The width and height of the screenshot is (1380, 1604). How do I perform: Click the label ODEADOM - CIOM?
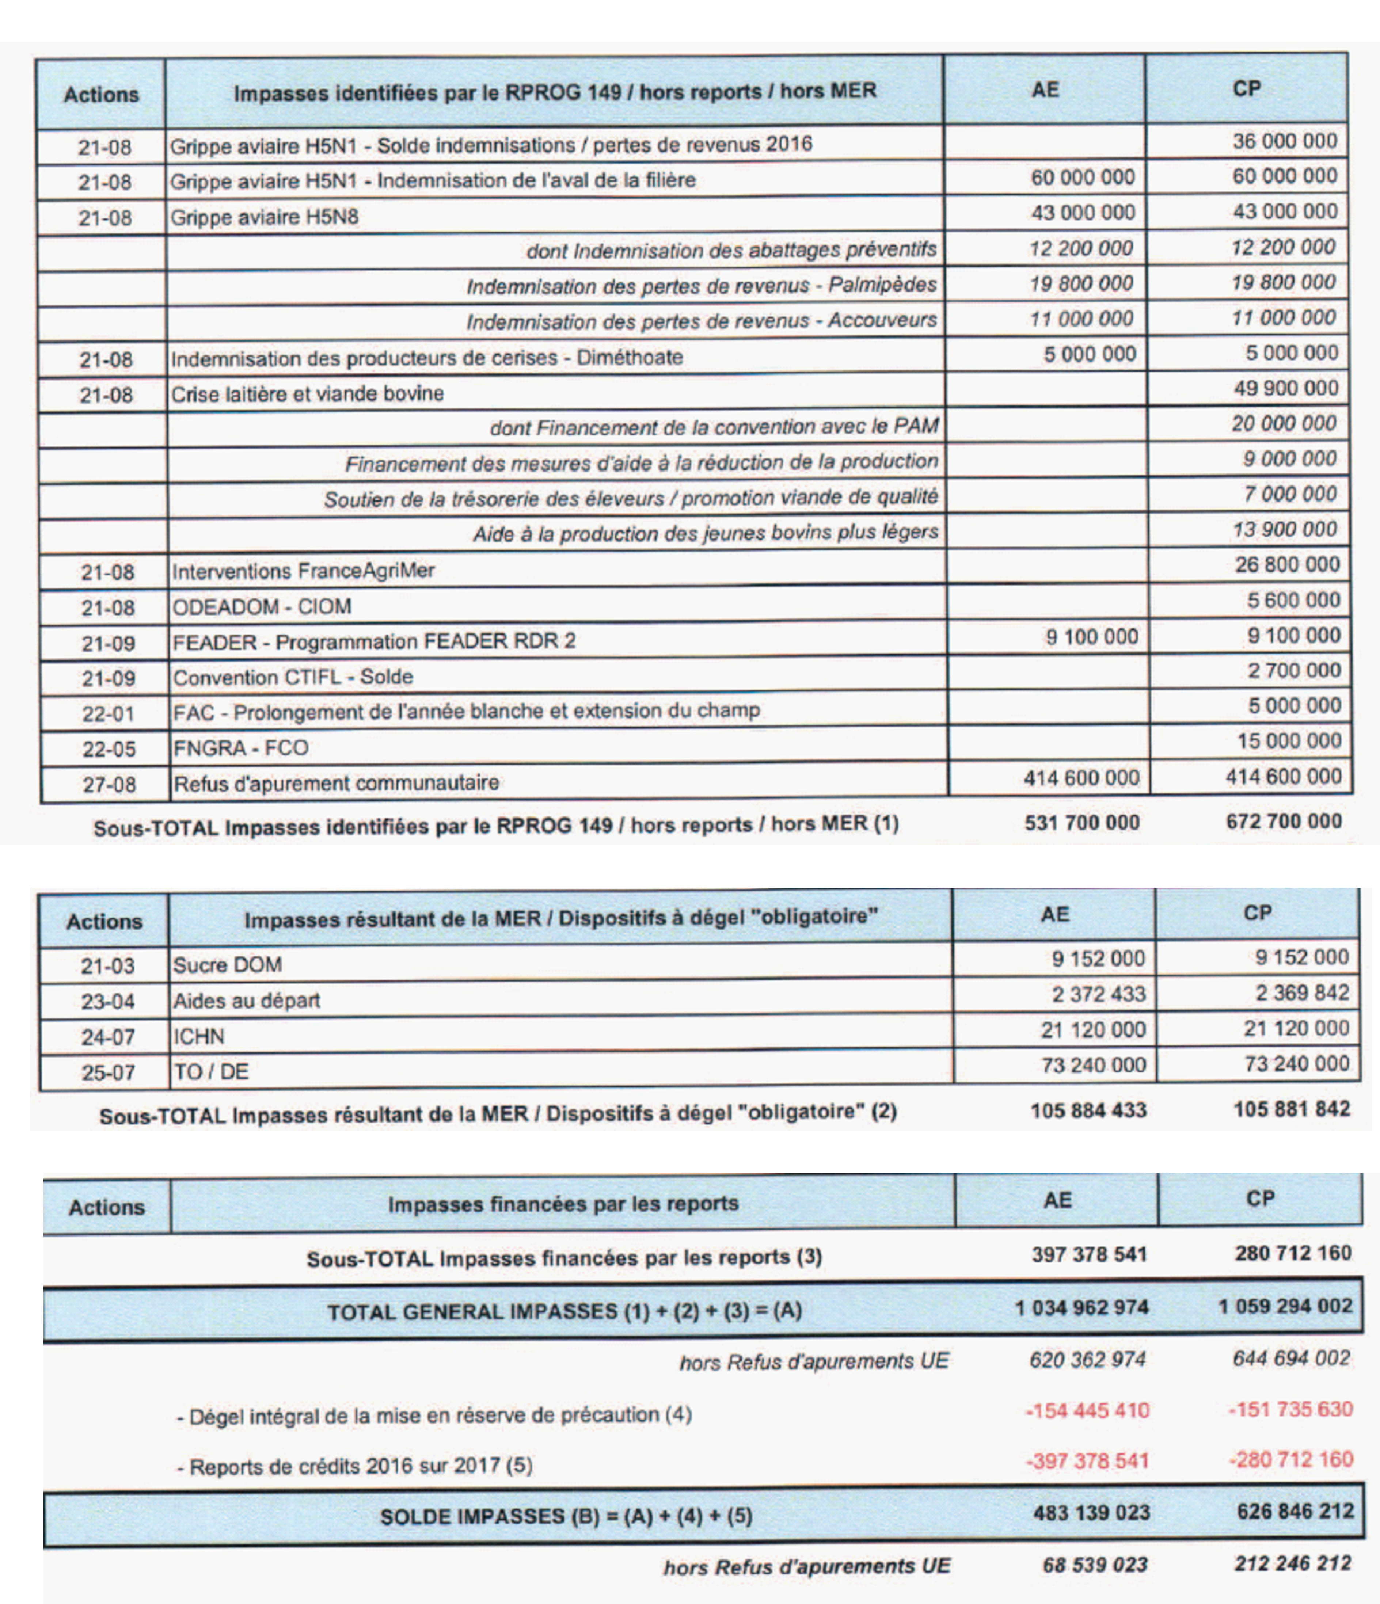(262, 607)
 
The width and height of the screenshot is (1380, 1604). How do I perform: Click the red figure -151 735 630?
(1290, 1409)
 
